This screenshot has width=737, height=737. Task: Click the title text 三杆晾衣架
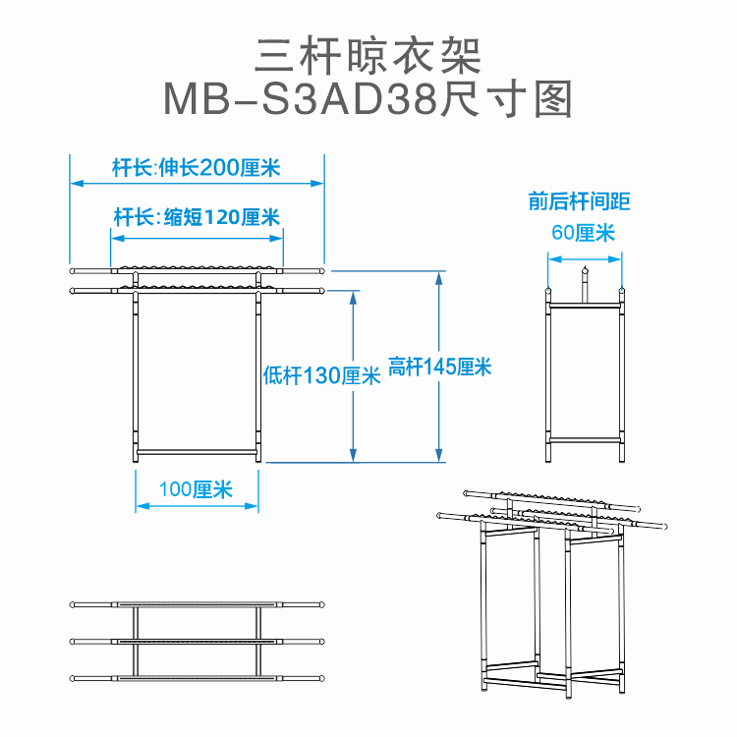pyautogui.click(x=368, y=56)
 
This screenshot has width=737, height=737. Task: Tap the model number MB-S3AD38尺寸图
pyautogui.click(x=368, y=99)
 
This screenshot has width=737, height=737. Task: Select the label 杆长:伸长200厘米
pyautogui.click(x=197, y=167)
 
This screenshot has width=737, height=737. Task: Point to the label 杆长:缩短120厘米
pyautogui.click(x=197, y=217)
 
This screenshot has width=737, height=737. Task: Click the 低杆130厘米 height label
pyautogui.click(x=321, y=375)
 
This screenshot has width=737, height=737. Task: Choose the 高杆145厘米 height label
pyautogui.click(x=439, y=367)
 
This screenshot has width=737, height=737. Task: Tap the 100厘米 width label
pyautogui.click(x=197, y=488)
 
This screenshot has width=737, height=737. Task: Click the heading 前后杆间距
pyautogui.click(x=579, y=202)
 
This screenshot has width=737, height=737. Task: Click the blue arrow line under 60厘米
pyautogui.click(x=586, y=259)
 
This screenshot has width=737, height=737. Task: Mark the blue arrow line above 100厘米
pyautogui.click(x=197, y=506)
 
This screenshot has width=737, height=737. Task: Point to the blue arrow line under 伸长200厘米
pyautogui.click(x=197, y=183)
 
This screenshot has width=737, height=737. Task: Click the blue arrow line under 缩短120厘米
pyautogui.click(x=197, y=234)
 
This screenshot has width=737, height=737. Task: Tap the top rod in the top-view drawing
pyautogui.click(x=197, y=603)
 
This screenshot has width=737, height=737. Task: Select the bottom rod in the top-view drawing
pyautogui.click(x=197, y=678)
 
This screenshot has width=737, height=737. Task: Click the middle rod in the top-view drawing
pyautogui.click(x=197, y=641)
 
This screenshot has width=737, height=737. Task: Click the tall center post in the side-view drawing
pyautogui.click(x=585, y=287)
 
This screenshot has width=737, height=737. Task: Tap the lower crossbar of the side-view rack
pyautogui.click(x=586, y=438)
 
